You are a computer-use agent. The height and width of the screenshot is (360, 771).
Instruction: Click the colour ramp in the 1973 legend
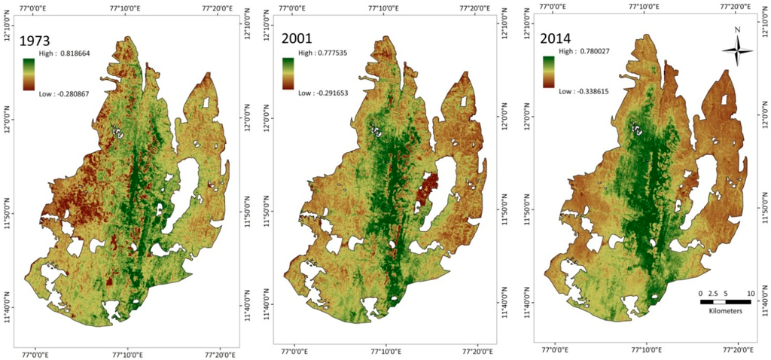pyautogui.click(x=29, y=75)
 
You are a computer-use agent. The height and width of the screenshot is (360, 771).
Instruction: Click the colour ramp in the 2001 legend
pyautogui.click(x=288, y=74)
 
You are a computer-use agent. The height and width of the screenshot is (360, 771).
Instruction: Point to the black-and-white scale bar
pyautogui.click(x=725, y=301)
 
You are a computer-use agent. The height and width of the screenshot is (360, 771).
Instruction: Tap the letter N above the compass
pyautogui.click(x=737, y=30)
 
